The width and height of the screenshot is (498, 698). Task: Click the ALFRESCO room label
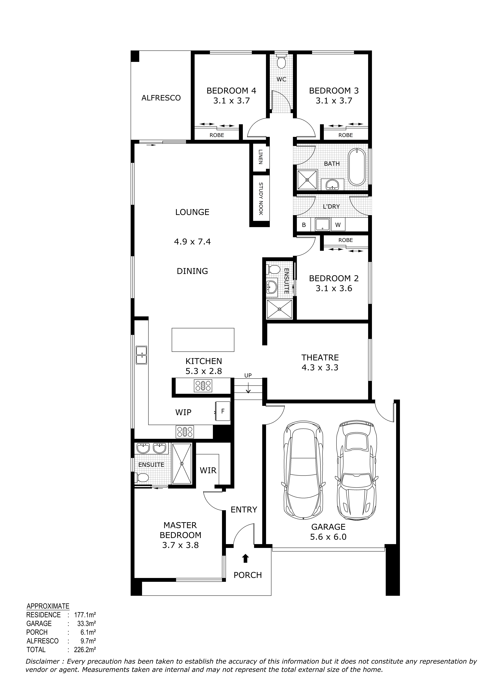161,98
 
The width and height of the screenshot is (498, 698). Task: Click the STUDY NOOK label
261,199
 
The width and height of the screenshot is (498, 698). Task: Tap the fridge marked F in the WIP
223,411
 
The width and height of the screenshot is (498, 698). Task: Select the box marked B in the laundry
304,225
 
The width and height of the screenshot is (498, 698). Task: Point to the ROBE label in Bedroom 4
217,135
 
